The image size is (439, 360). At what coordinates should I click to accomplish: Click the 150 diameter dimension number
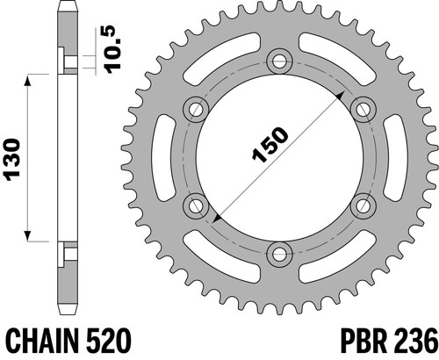pos(270,144)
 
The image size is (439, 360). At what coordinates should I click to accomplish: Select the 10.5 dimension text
pos(113,49)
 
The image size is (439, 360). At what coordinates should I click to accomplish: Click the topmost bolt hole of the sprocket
pos(280,61)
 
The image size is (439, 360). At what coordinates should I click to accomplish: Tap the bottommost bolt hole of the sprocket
pos(280,254)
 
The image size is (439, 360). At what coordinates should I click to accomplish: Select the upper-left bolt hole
pos(196,110)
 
